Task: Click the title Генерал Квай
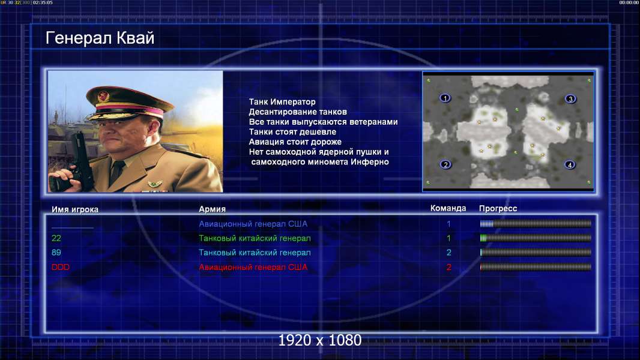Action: [x=100, y=38]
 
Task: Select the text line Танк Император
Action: [x=282, y=102]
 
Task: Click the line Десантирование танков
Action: [x=298, y=112]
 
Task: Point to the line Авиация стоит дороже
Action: [x=295, y=142]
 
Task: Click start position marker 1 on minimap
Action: [x=445, y=98]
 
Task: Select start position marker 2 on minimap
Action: [x=445, y=164]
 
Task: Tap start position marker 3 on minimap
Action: [x=570, y=98]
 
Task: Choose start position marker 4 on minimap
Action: [x=570, y=165]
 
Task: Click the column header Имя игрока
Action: [x=74, y=209]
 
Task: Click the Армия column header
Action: [x=213, y=209]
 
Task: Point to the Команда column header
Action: [x=448, y=208]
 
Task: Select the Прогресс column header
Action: [x=498, y=208]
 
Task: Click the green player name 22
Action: [x=56, y=238]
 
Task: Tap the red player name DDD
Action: [x=61, y=267]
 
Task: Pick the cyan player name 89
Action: [x=56, y=253]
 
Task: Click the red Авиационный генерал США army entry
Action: [x=253, y=267]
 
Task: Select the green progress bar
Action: [x=536, y=238]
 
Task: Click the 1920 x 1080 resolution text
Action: [x=319, y=340]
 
